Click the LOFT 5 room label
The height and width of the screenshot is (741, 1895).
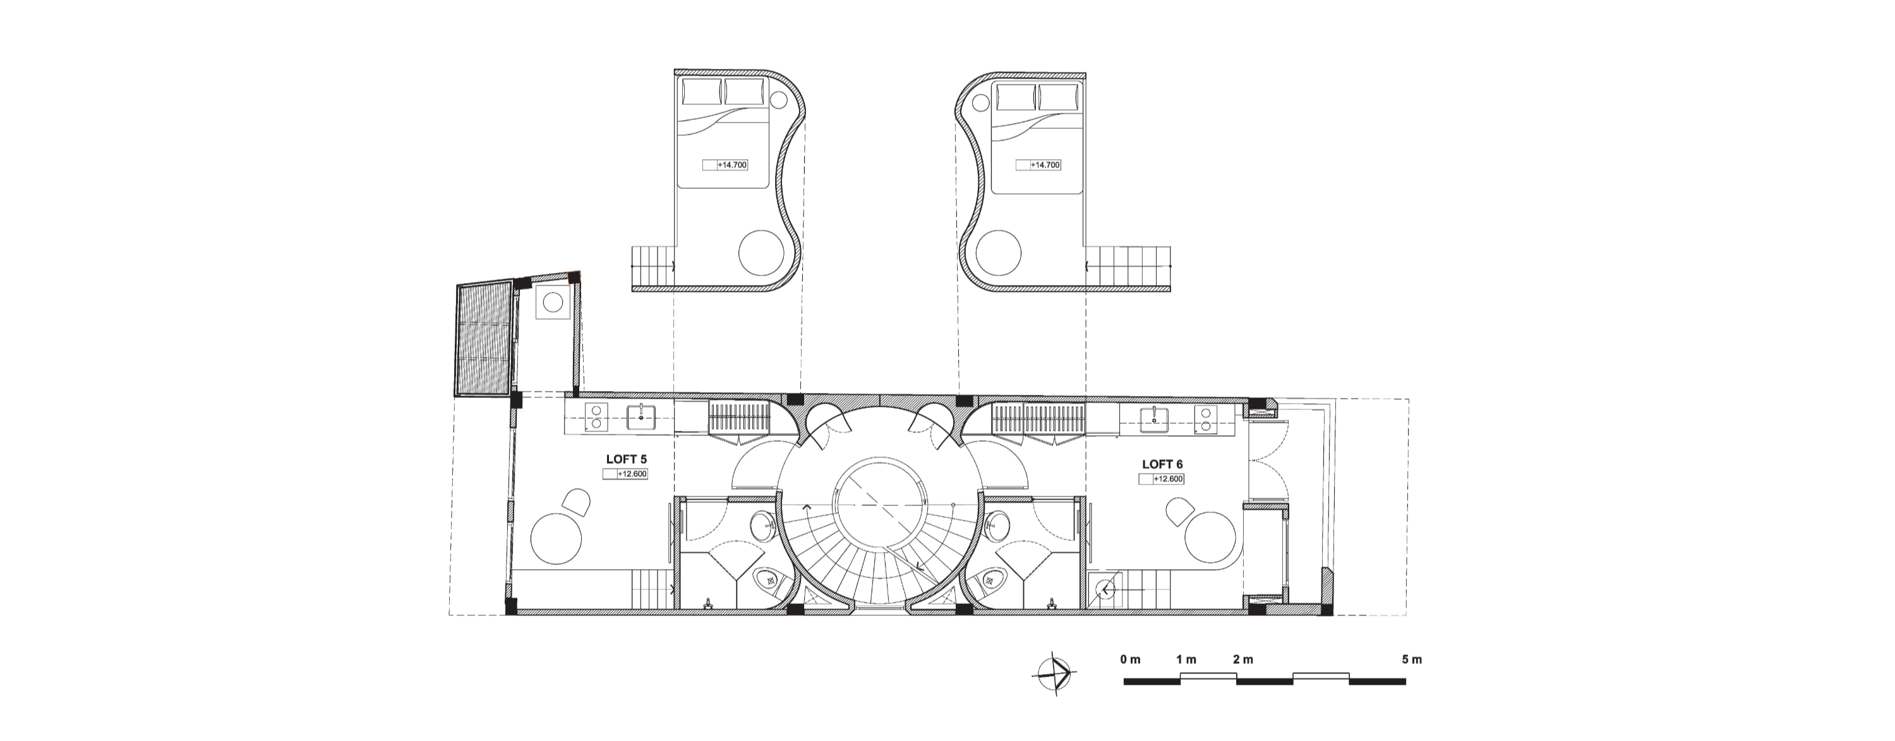click(x=626, y=459)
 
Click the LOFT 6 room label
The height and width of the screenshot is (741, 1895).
click(x=1162, y=464)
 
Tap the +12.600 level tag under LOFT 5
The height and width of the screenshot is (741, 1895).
click(x=625, y=474)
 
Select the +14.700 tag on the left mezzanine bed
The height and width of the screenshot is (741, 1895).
click(x=725, y=165)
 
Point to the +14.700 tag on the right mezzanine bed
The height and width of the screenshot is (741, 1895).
click(x=1038, y=165)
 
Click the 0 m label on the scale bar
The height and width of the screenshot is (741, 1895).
click(x=1130, y=660)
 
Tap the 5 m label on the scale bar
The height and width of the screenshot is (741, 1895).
click(x=1412, y=660)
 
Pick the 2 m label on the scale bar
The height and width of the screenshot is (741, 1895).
click(x=1242, y=660)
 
